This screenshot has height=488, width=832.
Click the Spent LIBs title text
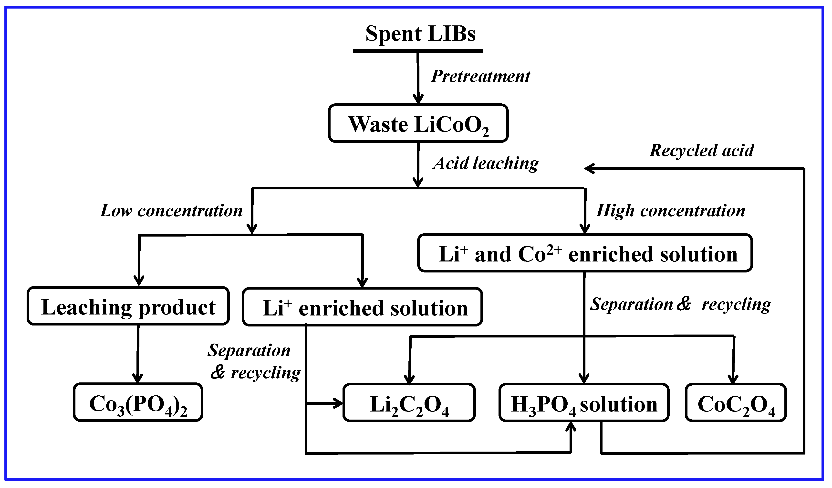tap(420, 34)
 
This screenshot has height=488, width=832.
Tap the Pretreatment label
tap(481, 76)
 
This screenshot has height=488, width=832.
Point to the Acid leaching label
tap(486, 163)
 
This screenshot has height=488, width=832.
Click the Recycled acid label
tap(702, 151)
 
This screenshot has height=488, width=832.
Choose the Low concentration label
tap(171, 211)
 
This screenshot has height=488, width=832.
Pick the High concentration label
tap(671, 211)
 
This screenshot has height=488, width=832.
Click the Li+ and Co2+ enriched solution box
tap(585, 253)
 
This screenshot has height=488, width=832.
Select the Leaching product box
tap(128, 306)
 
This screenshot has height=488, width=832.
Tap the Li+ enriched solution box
tap(362, 307)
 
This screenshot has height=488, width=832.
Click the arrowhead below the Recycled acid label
tap(590, 169)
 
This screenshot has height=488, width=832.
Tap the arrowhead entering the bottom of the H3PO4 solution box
tap(571, 428)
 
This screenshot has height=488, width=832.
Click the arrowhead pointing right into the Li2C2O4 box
tap(338, 403)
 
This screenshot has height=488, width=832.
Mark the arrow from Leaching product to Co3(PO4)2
tap(138, 354)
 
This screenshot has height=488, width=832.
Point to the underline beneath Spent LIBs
tap(418, 51)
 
